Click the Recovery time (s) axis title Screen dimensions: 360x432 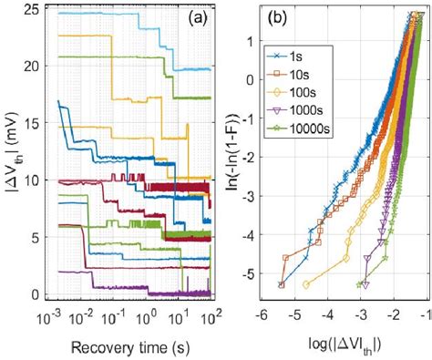(x=134, y=348)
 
